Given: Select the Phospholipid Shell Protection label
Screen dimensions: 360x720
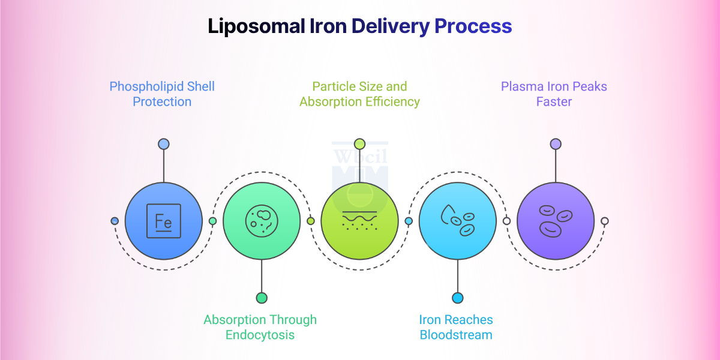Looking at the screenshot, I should tap(162, 94).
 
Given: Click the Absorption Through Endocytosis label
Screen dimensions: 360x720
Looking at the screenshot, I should tap(260, 327).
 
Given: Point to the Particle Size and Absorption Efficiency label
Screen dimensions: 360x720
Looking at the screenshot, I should tap(359, 94).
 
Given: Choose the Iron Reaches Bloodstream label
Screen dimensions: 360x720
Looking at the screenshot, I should tap(456, 327).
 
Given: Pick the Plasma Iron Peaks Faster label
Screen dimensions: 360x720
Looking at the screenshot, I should tap(554, 94).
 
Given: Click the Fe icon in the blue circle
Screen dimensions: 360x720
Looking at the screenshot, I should tap(163, 221).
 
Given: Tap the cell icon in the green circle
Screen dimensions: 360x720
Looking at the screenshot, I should tap(262, 220).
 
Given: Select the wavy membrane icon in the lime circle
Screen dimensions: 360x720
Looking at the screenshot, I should tap(359, 221).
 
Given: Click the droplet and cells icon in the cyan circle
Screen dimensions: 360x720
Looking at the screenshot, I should tap(457, 221).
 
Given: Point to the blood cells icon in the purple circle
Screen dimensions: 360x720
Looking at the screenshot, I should tap(555, 220).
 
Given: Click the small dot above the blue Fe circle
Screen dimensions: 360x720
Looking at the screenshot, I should tap(163, 144).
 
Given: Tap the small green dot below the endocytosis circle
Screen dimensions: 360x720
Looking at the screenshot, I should tap(262, 298).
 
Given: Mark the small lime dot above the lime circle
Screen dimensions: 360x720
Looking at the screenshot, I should tap(359, 144).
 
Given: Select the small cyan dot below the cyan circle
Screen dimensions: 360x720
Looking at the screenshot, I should tap(457, 298).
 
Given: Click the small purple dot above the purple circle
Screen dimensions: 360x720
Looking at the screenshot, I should tap(556, 144).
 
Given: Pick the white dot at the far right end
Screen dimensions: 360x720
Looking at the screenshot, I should tap(605, 221).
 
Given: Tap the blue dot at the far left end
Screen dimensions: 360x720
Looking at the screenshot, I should tap(115, 221).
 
